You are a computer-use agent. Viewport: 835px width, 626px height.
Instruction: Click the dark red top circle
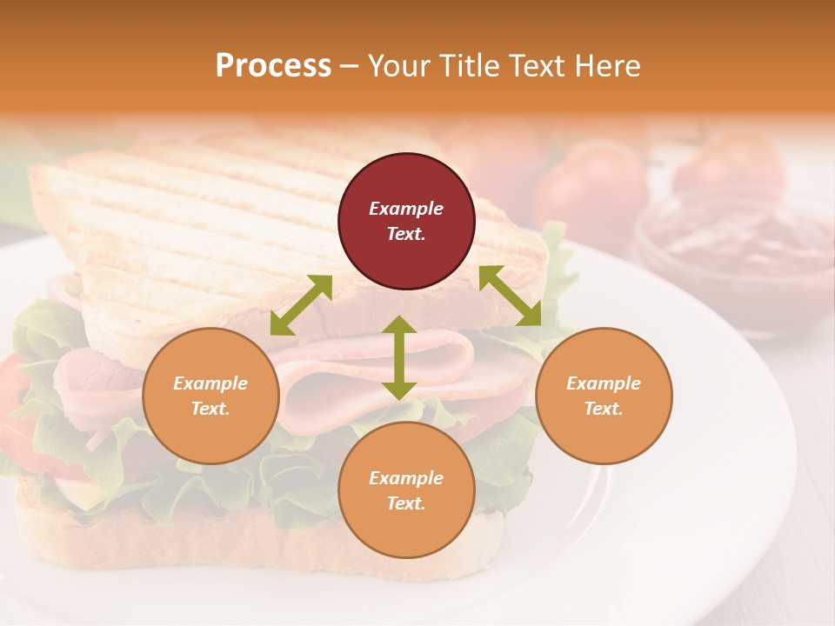pos(406,221)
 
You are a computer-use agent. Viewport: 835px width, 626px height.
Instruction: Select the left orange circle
pos(210,396)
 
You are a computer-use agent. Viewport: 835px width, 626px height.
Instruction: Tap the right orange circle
pos(604,396)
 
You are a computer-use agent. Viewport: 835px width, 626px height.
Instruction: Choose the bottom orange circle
pos(406,490)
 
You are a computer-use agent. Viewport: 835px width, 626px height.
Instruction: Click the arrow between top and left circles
pos(301,305)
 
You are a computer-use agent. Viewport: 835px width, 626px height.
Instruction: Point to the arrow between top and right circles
pos(511,296)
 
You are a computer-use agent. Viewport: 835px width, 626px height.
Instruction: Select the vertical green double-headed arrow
pos(399,357)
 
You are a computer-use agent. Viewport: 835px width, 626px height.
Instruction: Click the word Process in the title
pos(273,65)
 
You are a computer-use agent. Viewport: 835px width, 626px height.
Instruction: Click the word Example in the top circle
pos(406,209)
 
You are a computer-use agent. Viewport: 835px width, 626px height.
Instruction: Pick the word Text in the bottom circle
pos(404,503)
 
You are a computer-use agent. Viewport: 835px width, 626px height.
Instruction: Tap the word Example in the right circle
pos(604,383)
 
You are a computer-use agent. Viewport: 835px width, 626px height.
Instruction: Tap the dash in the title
pos(350,66)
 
